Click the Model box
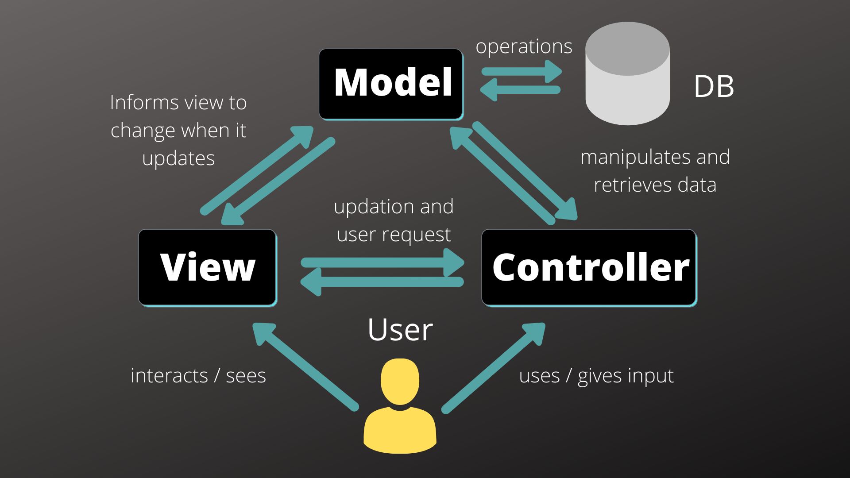tap(391, 84)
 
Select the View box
tap(207, 267)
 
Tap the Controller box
tap(589, 267)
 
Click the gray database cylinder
tap(627, 75)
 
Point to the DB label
tap(714, 86)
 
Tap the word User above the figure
tap(400, 330)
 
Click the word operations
tap(524, 46)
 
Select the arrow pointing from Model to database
tap(522, 71)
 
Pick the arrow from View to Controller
tap(383, 262)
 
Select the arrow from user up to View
tap(305, 367)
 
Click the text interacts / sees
tap(198, 376)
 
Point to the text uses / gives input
tap(596, 376)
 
